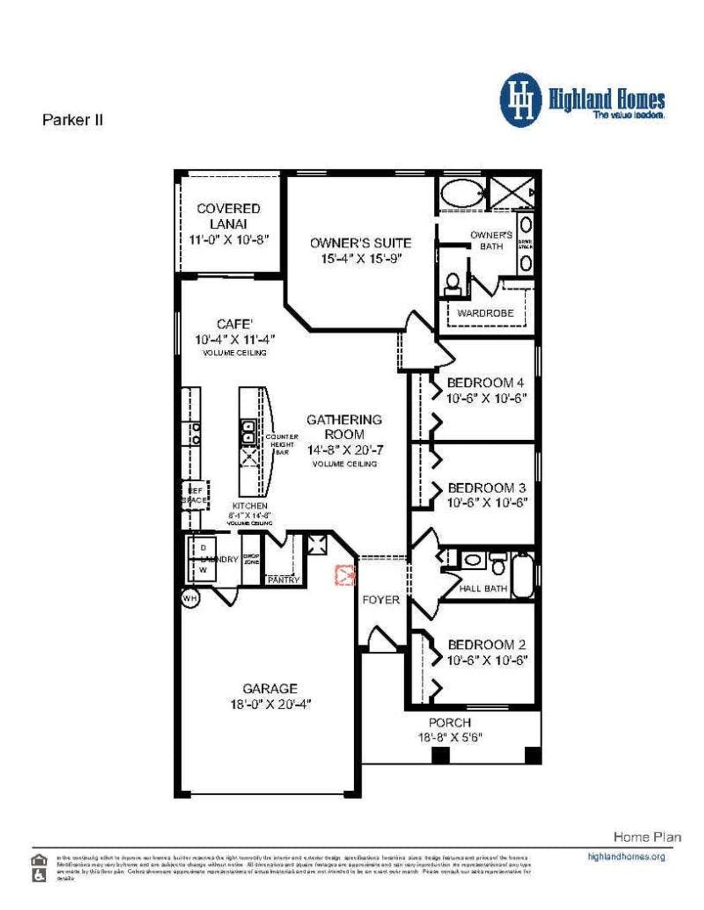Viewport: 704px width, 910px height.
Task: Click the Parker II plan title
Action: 73,120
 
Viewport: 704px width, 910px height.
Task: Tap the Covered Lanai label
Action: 228,216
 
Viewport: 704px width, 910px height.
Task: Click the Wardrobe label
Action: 486,313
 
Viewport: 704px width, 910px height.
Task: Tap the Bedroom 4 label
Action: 485,382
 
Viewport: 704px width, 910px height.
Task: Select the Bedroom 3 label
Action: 486,487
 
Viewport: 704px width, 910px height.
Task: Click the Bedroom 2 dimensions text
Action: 487,660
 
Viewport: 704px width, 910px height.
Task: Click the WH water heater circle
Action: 190,598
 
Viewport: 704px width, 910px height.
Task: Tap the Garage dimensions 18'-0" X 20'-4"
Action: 271,704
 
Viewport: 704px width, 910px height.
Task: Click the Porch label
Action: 449,723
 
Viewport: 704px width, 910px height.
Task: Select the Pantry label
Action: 283,580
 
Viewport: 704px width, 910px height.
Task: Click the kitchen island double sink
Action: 249,431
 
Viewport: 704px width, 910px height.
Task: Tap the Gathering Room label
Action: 344,426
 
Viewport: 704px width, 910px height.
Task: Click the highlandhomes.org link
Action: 626,857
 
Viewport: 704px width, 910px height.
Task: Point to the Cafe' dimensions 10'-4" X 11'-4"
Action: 235,339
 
